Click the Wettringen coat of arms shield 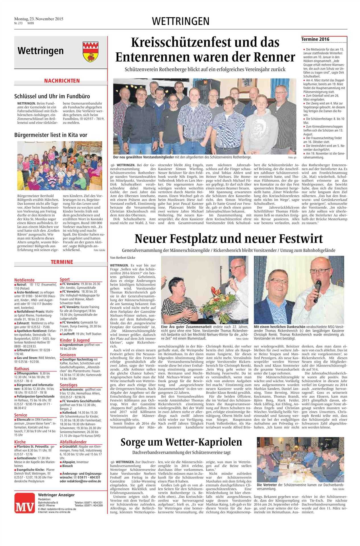[90, 51]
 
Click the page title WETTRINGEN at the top [180, 21]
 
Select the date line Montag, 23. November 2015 [39, 19]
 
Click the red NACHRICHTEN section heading [62, 81]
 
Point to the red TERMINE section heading [62, 262]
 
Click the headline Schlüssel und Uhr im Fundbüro [52, 96]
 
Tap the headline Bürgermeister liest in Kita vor [51, 135]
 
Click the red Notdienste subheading [24, 280]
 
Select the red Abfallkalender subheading [73, 442]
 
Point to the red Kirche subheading [20, 442]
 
